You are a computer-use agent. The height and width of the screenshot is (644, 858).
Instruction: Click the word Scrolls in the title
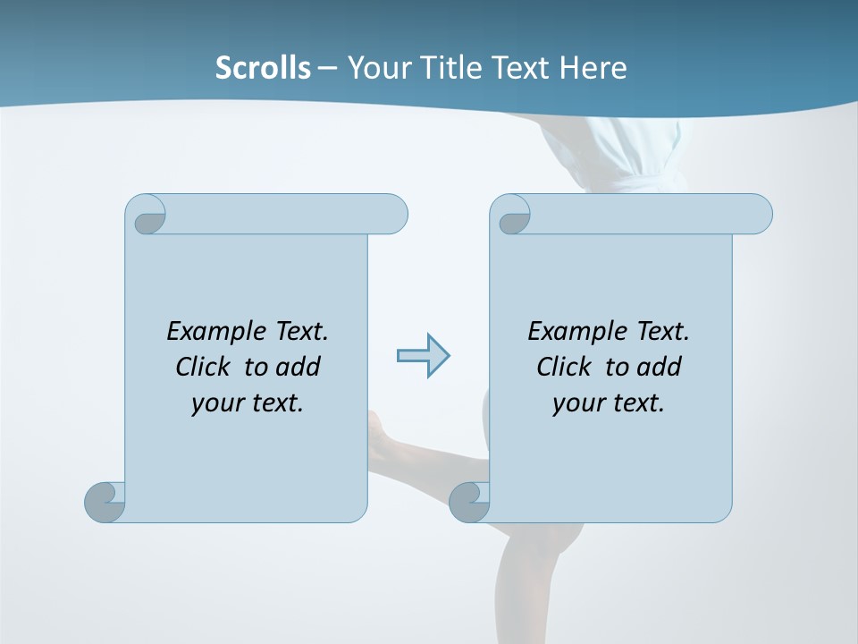pos(263,68)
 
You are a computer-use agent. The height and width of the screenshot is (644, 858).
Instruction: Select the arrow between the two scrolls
pos(423,356)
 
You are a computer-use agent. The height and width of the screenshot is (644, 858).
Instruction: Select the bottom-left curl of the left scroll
pos(105,502)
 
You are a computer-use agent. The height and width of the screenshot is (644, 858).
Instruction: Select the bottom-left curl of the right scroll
pos(469,502)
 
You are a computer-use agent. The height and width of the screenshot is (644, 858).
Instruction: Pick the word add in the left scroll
pos(299,367)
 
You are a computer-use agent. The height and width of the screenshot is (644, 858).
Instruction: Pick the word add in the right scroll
pos(660,367)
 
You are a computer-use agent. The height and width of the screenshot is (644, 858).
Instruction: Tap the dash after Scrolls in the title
pos(328,68)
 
